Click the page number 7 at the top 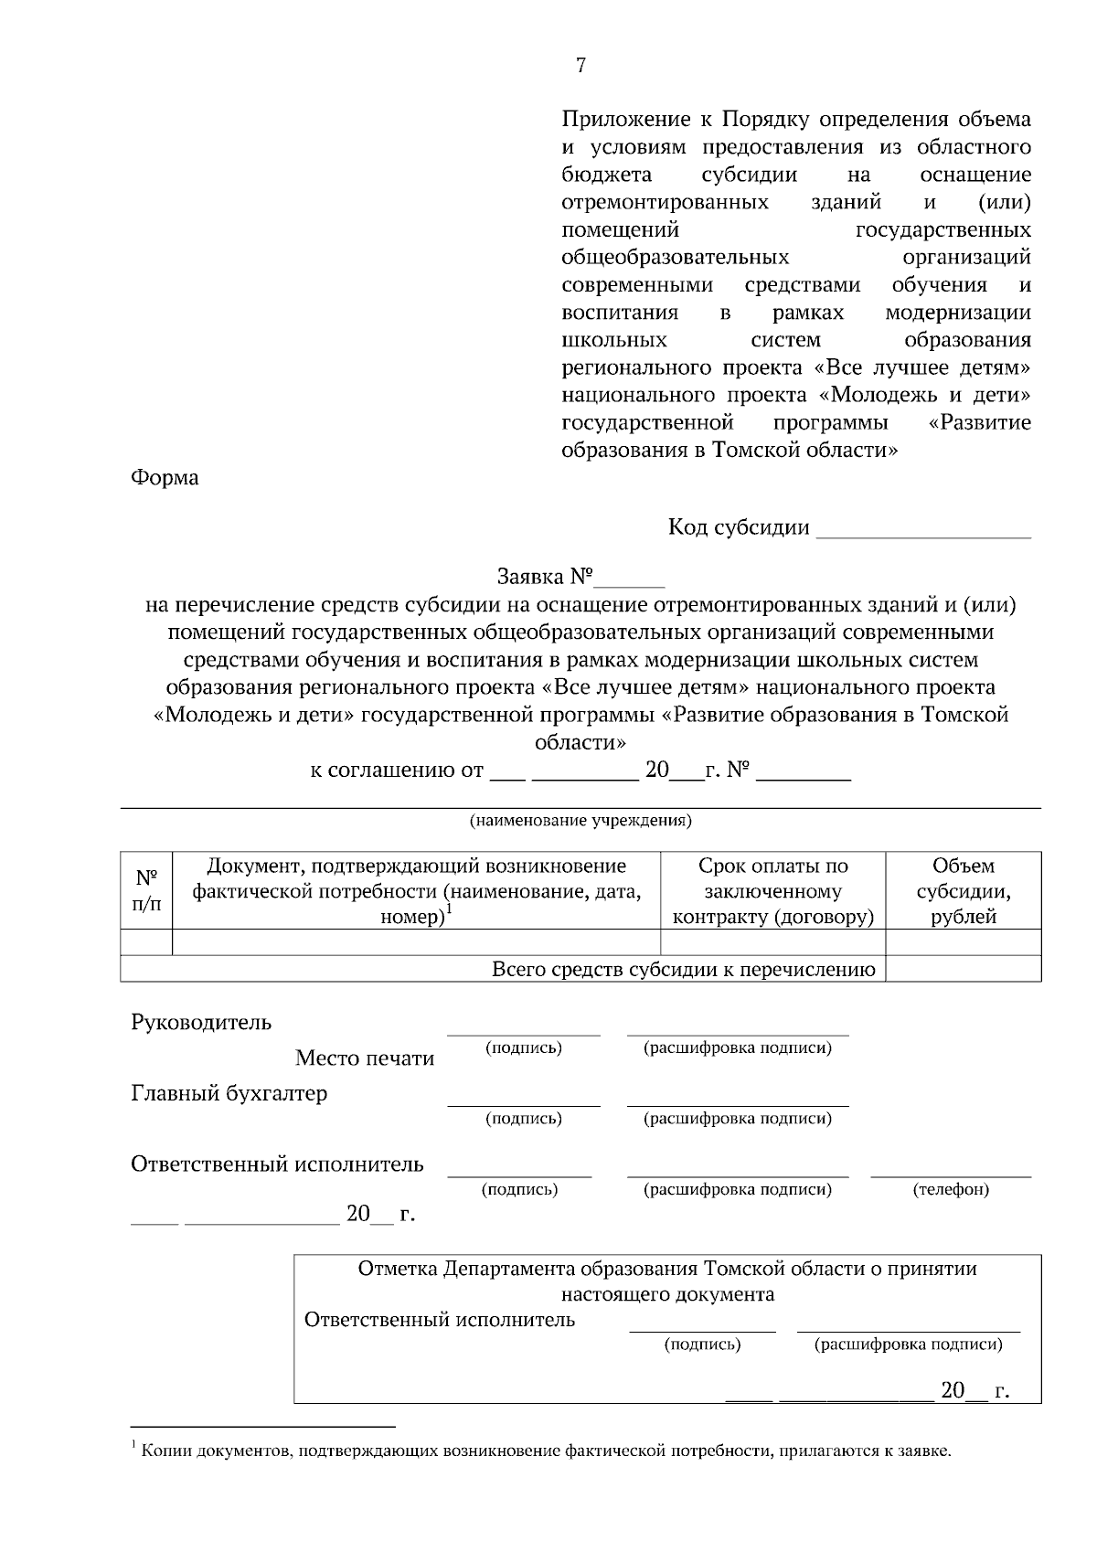pyautogui.click(x=580, y=65)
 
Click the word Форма pyautogui.click(x=165, y=477)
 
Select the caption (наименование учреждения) pyautogui.click(x=580, y=820)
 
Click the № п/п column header pyautogui.click(x=146, y=890)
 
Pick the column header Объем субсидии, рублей pyautogui.click(x=964, y=890)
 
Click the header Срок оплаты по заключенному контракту pyautogui.click(x=772, y=890)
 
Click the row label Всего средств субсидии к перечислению pyautogui.click(x=683, y=969)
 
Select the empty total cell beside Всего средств pyautogui.click(x=964, y=969)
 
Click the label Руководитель pyautogui.click(x=201, y=1022)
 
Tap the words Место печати pyautogui.click(x=364, y=1058)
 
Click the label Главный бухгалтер pyautogui.click(x=229, y=1093)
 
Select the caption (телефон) pyautogui.click(x=951, y=1189)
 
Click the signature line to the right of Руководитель pyautogui.click(x=523, y=1033)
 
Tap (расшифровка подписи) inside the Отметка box pyautogui.click(x=908, y=1344)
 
